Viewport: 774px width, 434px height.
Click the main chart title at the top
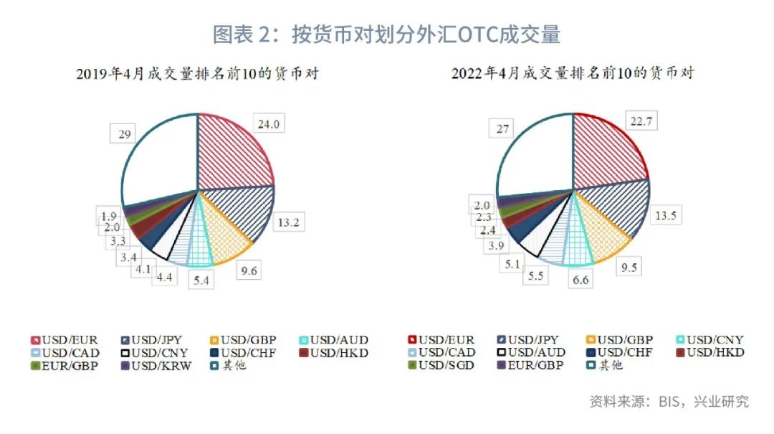pos(386,34)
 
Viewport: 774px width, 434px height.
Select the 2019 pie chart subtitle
pos(197,73)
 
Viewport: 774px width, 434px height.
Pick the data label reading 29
pos(123,134)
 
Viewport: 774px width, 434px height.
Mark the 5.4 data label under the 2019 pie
pos(203,280)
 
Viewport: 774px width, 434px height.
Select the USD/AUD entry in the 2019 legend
pos(337,339)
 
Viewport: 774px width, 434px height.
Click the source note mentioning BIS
pos(669,401)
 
